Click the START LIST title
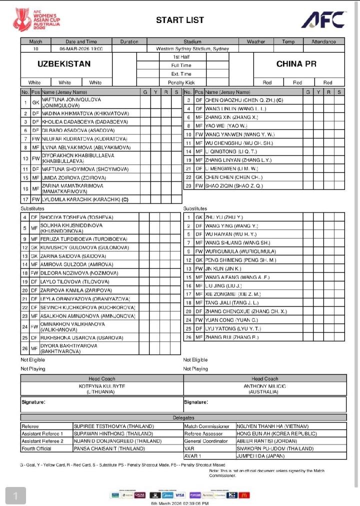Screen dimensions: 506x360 (180, 20)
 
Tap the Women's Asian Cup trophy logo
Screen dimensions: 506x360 (21, 20)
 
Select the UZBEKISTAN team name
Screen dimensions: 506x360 (64, 64)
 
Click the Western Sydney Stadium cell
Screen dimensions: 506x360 (192, 49)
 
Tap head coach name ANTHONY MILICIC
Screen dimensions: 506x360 (264, 386)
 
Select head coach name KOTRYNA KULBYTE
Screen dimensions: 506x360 (102, 386)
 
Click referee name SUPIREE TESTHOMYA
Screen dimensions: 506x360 (114, 426)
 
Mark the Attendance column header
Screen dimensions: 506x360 (323, 41)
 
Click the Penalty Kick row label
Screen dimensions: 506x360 (181, 82)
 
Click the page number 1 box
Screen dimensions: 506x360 (15, 495)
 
